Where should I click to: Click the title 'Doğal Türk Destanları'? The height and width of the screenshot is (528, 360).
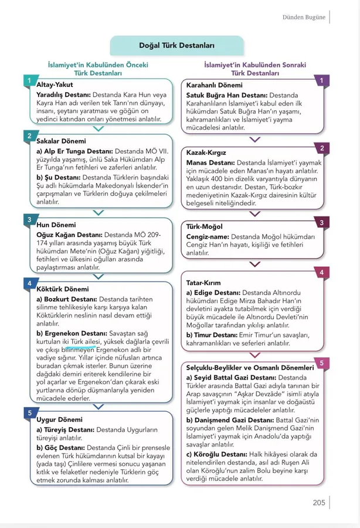(x=176, y=45)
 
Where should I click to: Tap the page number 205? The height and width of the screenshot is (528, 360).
(x=318, y=502)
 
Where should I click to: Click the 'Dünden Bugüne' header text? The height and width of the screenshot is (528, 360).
(x=304, y=17)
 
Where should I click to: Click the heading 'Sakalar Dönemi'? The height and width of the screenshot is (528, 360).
(x=61, y=141)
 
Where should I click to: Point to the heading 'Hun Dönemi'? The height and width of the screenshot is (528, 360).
(x=56, y=225)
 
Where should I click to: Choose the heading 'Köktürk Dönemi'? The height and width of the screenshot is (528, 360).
(x=63, y=289)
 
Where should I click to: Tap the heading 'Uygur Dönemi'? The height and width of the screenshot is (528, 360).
(x=59, y=420)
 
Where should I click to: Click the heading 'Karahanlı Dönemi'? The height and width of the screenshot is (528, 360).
(x=214, y=85)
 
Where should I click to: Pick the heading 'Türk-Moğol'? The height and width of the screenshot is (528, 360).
(x=204, y=226)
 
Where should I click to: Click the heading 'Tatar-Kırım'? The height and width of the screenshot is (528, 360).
(x=203, y=283)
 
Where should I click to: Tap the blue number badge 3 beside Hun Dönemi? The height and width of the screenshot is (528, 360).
(x=29, y=219)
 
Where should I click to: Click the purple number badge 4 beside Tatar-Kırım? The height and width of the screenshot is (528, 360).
(x=322, y=273)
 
